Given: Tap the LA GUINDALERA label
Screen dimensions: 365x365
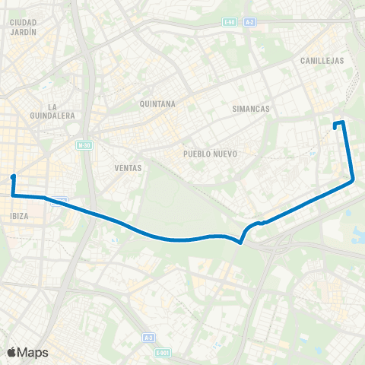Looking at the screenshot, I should pyautogui.click(x=52, y=111).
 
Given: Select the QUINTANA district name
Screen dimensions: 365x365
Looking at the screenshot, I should pyautogui.click(x=158, y=103).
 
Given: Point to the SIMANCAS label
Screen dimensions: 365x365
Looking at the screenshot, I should pyautogui.click(x=252, y=109).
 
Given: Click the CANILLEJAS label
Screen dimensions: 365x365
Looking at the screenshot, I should pyautogui.click(x=322, y=60).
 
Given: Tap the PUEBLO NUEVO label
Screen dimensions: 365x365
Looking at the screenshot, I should pyautogui.click(x=211, y=154).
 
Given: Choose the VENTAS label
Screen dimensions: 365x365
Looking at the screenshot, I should pyautogui.click(x=128, y=167).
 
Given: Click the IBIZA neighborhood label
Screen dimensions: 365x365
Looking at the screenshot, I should pyautogui.click(x=20, y=216).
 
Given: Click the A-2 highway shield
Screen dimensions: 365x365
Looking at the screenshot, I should pyautogui.click(x=250, y=23).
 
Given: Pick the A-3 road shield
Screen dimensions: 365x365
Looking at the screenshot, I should pyautogui.click(x=148, y=335).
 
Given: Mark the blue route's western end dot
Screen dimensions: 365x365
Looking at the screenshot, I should pyautogui.click(x=13, y=177).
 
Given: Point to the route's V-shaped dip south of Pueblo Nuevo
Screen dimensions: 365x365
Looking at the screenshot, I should pyautogui.click(x=240, y=243).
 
